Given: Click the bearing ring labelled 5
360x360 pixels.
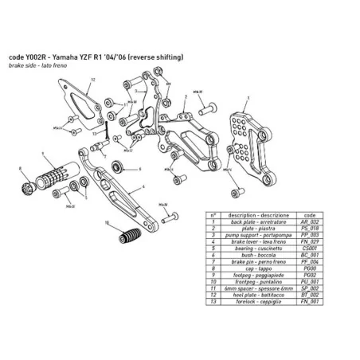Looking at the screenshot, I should click(x=119, y=168).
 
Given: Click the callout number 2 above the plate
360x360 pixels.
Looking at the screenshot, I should click(x=185, y=94).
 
